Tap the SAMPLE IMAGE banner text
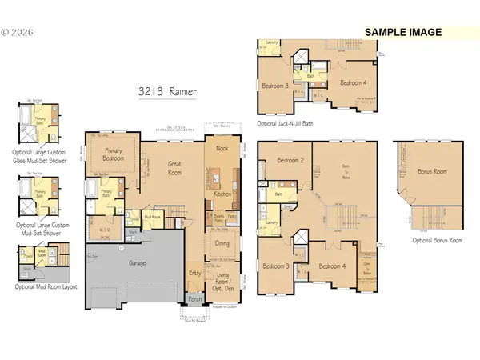pos(404,32)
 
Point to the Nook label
pos(221,147)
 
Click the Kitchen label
pos(222,194)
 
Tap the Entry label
pos(194,274)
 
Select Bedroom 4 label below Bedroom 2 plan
pos(331,266)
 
